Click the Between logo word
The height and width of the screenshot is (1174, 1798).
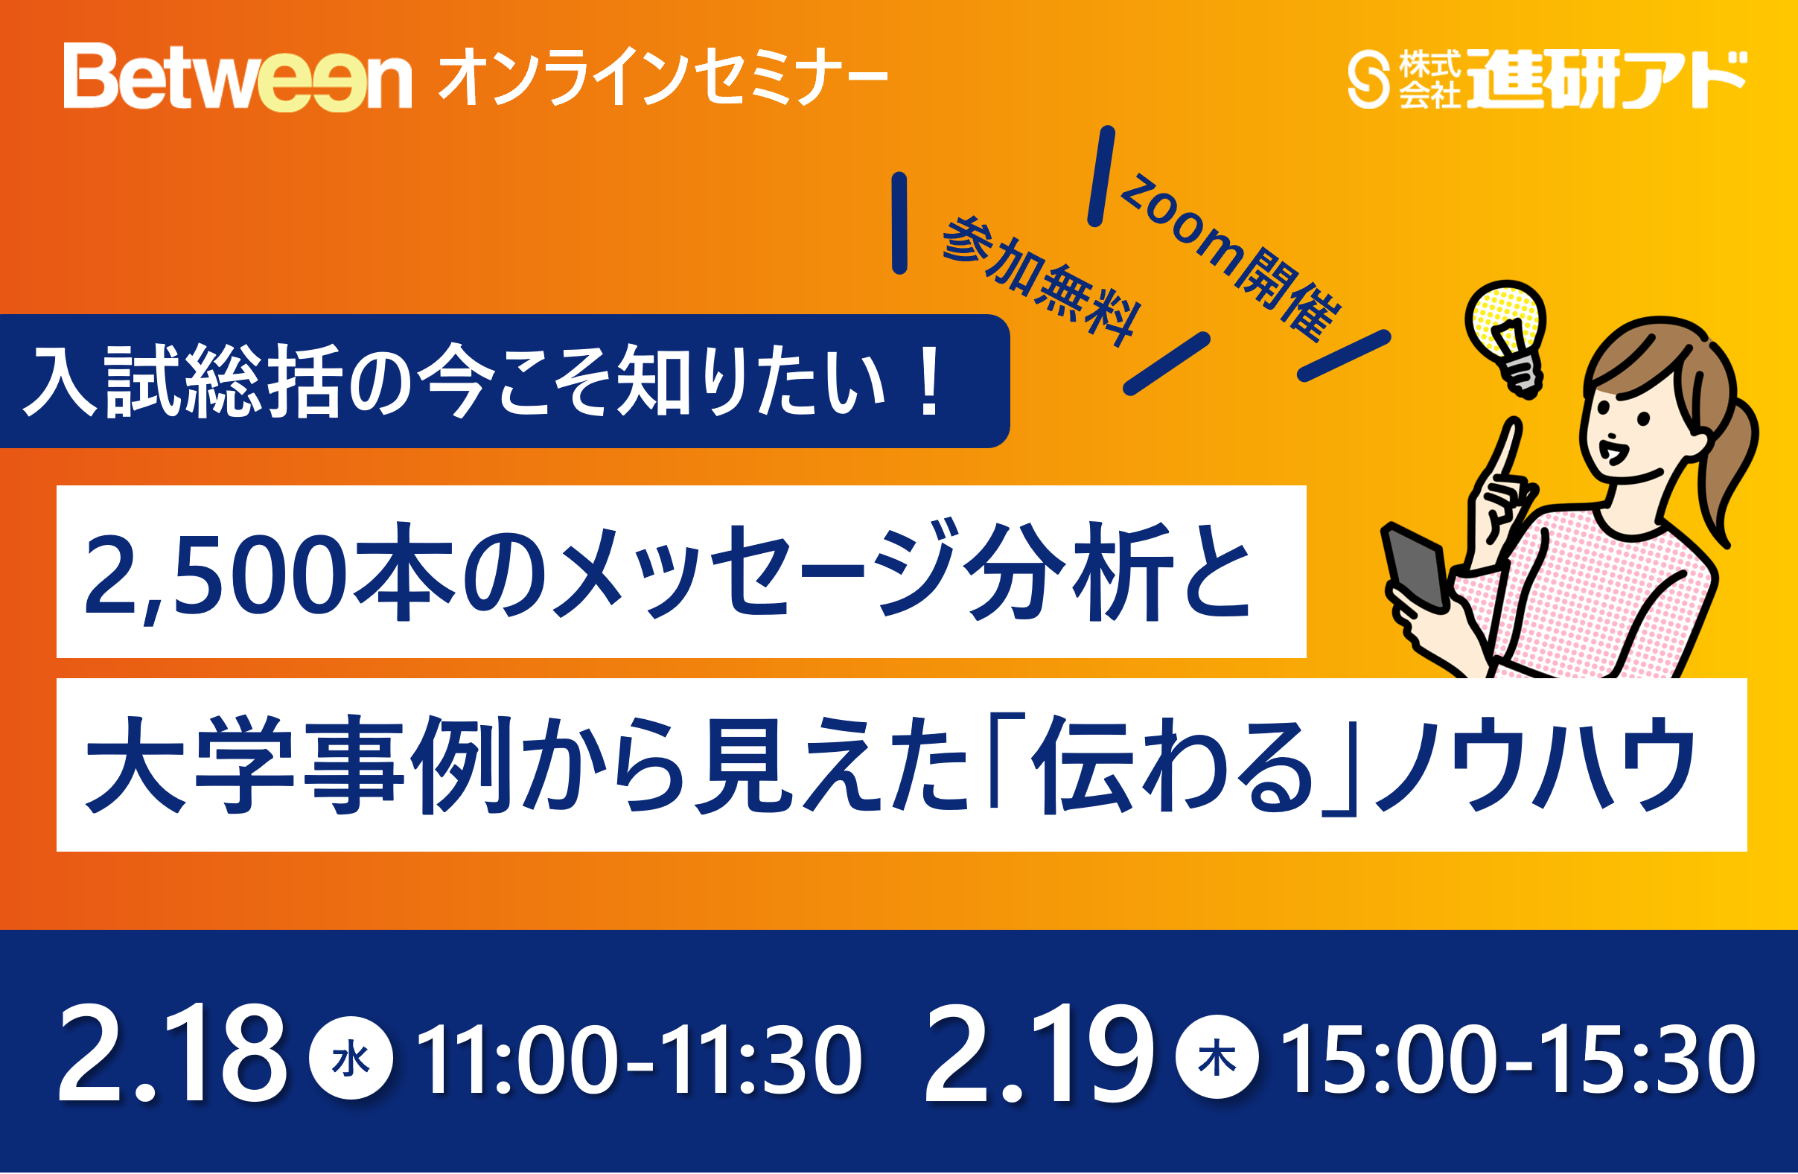[x=237, y=77]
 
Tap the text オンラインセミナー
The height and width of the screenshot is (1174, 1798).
[x=662, y=77]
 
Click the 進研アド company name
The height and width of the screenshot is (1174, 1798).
[x=1606, y=80]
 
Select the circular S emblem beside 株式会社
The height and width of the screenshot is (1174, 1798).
[x=1368, y=80]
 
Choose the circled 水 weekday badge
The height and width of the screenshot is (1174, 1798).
[x=351, y=1059]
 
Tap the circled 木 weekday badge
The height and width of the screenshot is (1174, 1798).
[x=1217, y=1059]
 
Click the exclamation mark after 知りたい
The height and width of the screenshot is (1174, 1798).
[x=930, y=382]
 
